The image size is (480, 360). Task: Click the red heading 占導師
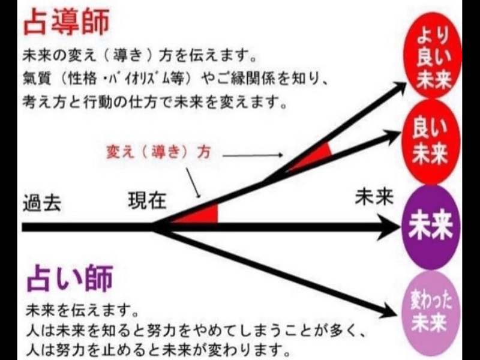point(67,22)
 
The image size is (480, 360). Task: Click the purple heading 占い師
point(70,278)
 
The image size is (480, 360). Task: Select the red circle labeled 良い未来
point(431,142)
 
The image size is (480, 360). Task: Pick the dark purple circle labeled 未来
point(431,227)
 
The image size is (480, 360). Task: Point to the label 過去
point(42,202)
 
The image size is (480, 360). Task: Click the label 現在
point(147,200)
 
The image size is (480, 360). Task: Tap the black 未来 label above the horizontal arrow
point(374,197)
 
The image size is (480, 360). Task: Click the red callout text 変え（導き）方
point(158,151)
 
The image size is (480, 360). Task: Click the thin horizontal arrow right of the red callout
point(253,155)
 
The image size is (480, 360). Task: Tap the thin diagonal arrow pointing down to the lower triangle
point(193,182)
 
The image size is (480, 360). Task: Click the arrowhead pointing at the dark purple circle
point(389,227)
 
